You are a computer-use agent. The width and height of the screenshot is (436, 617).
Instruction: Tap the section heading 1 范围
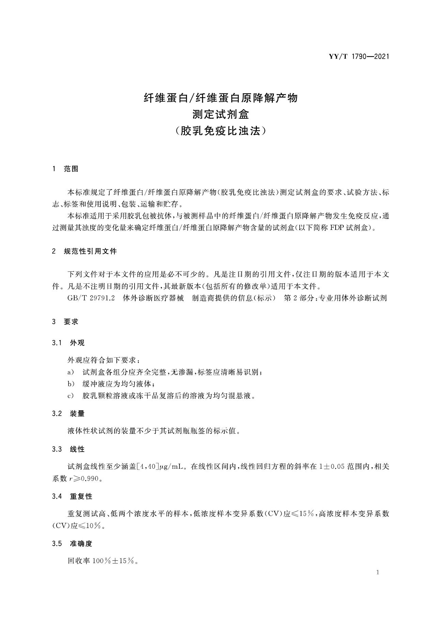click(65, 169)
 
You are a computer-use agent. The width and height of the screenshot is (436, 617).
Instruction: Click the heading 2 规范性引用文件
click(84, 251)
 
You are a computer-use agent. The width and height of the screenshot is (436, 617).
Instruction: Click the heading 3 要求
click(65, 322)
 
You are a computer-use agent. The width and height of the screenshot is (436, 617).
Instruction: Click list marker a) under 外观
click(71, 372)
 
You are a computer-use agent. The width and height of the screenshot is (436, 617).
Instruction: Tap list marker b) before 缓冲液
click(71, 384)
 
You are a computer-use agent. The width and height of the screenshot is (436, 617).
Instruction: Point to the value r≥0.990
click(83, 479)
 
